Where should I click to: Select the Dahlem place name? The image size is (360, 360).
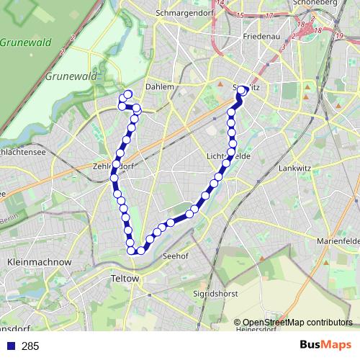tap(160, 86)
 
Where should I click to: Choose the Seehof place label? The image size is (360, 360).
tap(176, 256)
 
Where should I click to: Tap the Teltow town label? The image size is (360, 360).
tap(126, 277)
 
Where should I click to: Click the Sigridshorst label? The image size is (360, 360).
tap(215, 294)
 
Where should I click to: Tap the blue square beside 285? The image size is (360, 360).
tap(10, 346)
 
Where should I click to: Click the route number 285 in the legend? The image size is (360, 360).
tap(30, 346)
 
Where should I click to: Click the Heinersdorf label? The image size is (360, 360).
tap(256, 330)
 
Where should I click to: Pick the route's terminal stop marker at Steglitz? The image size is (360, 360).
tap(243, 90)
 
